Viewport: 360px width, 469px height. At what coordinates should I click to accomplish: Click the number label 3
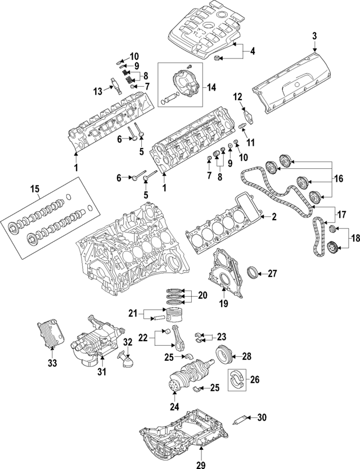tap(314, 37)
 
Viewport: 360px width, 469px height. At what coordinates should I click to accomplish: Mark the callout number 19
tap(222, 305)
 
